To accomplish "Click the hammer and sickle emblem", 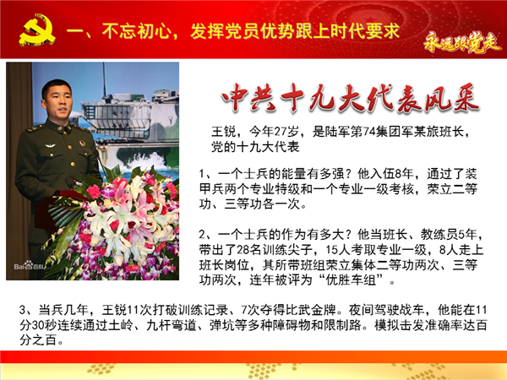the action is click(x=37, y=30).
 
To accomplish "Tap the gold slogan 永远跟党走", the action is click(x=461, y=42).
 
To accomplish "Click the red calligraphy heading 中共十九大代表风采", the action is click(x=350, y=98).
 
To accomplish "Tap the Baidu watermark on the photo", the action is click(x=29, y=266).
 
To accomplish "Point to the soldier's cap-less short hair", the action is click(x=57, y=85).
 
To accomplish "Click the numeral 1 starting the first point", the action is click(x=202, y=174).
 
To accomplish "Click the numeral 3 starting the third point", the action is click(x=22, y=310).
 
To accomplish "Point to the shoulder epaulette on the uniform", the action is click(x=35, y=128).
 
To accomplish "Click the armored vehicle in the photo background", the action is click(x=129, y=117).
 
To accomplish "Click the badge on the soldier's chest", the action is click(x=82, y=143).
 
